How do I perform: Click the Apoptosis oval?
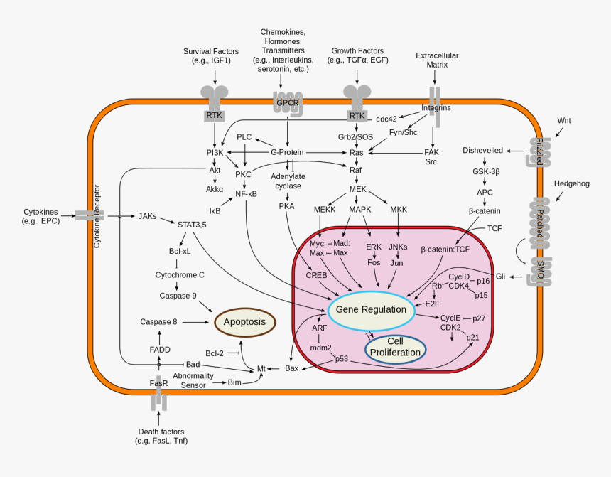click(x=244, y=322)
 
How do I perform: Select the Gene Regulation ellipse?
click(x=371, y=310)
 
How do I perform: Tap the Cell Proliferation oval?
click(x=395, y=347)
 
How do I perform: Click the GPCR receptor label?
click(x=288, y=103)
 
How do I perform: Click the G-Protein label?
click(x=287, y=152)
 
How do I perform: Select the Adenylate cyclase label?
click(x=287, y=181)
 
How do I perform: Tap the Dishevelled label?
click(x=482, y=151)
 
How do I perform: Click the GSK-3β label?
click(x=485, y=172)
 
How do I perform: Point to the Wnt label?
click(x=563, y=120)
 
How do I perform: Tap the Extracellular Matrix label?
click(x=437, y=60)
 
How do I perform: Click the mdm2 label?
click(x=321, y=348)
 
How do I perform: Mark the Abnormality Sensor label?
click(x=193, y=380)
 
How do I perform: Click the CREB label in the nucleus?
click(x=315, y=274)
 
